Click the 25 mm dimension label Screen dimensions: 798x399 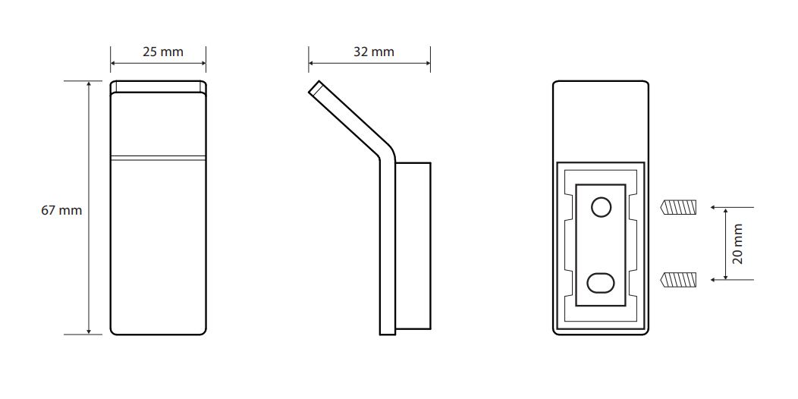click(x=162, y=52)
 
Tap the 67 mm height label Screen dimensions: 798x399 click(x=61, y=210)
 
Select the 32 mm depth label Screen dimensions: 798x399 click(x=374, y=52)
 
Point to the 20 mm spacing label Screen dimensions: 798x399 click(x=739, y=243)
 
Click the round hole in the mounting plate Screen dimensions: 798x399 click(x=601, y=207)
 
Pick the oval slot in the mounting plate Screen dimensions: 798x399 click(x=601, y=283)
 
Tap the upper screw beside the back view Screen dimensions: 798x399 click(x=678, y=208)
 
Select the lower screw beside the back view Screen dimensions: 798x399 click(x=678, y=279)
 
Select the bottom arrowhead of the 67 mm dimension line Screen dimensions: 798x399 click(x=89, y=331)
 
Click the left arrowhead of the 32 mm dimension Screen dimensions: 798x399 click(x=312, y=64)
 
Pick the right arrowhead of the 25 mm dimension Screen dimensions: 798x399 click(x=203, y=64)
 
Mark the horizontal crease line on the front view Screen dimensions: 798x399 click(x=159, y=157)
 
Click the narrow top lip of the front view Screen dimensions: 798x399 click(x=159, y=86)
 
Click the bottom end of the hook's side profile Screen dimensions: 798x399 click(x=388, y=335)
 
